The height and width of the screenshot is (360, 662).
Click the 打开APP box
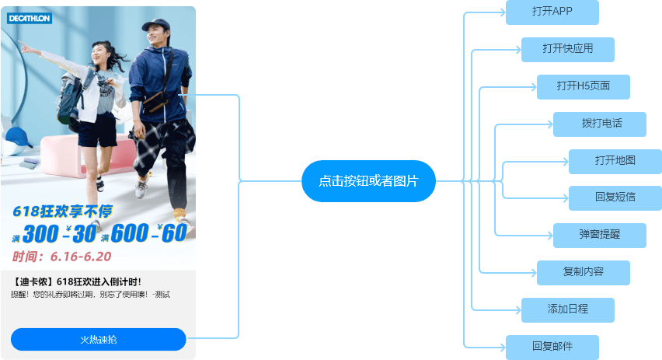[552, 12]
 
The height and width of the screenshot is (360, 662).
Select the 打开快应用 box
[568, 49]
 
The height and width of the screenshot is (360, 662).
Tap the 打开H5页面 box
[583, 86]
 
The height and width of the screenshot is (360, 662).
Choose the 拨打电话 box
[599, 124]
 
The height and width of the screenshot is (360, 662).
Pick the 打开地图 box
[615, 161]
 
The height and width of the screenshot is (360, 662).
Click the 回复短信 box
[615, 197]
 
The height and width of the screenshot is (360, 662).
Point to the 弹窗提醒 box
[599, 235]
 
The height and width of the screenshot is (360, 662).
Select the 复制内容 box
[583, 272]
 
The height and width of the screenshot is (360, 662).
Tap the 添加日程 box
[568, 309]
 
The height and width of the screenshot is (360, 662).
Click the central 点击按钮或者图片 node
[368, 181]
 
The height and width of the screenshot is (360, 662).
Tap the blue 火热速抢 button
[99, 340]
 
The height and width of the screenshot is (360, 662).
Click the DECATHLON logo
[30, 18]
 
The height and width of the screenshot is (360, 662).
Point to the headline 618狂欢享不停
[62, 211]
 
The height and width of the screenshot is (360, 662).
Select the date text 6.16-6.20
[80, 256]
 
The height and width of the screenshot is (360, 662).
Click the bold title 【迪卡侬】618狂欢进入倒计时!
[77, 281]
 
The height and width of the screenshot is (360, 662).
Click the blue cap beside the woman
[19, 138]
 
